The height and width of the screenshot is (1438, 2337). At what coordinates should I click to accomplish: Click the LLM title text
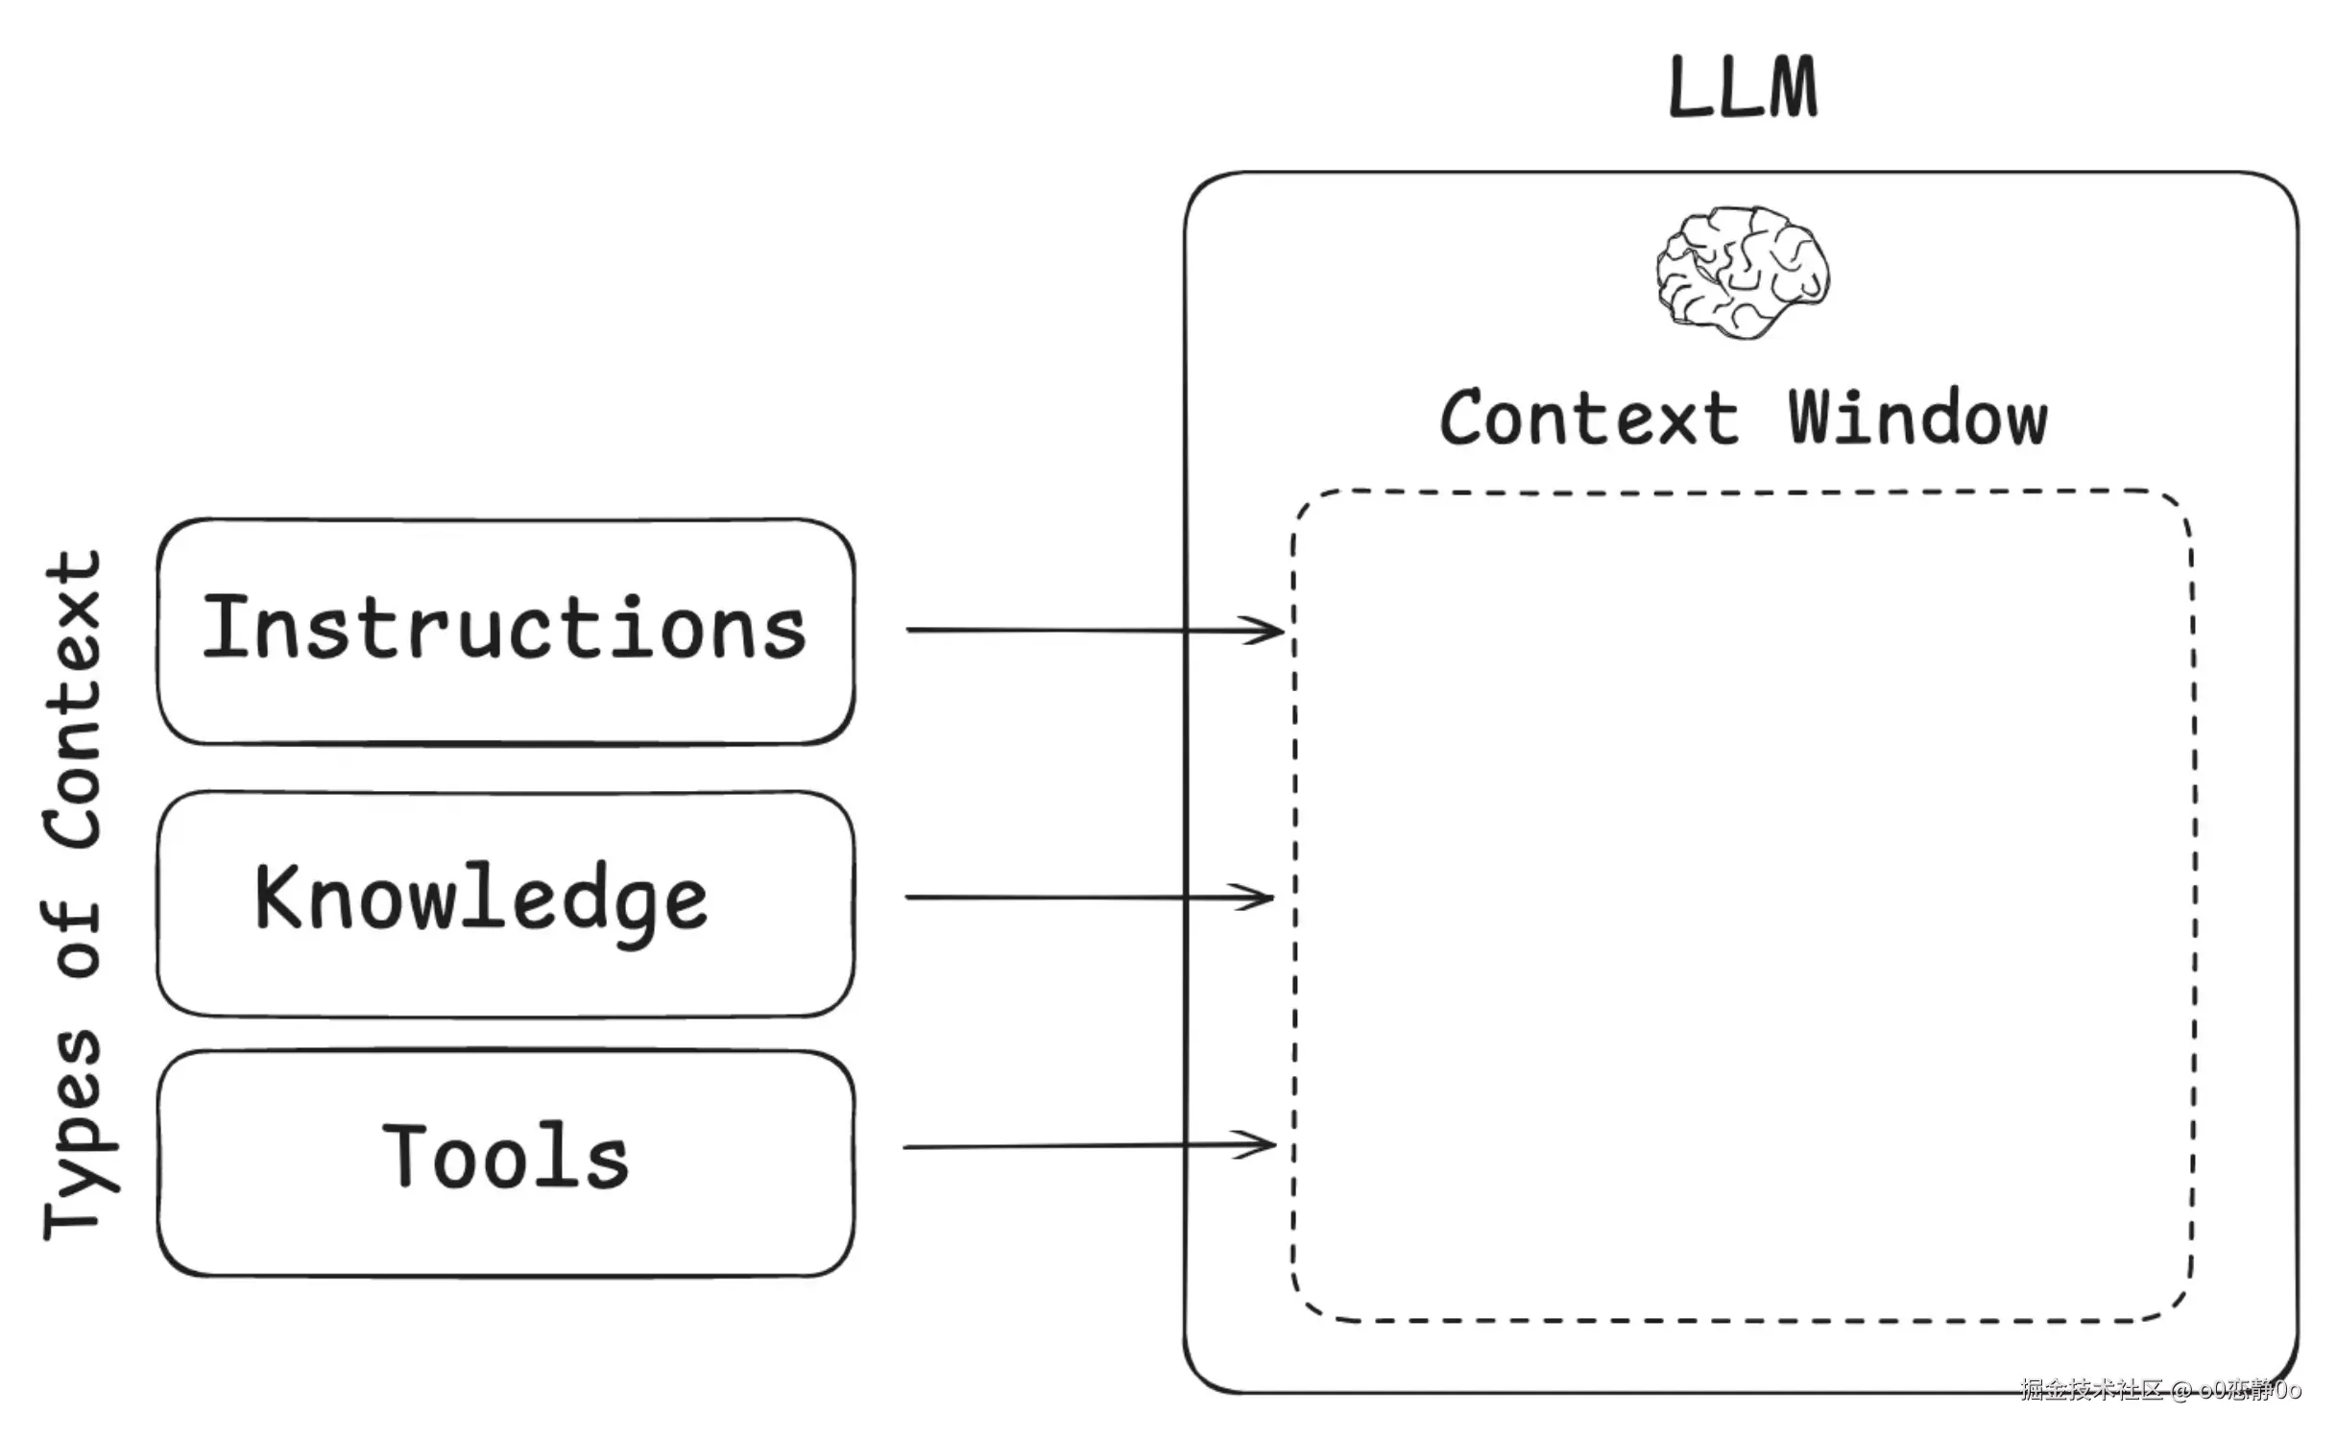click(x=1743, y=88)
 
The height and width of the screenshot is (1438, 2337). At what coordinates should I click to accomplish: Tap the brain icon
click(x=1743, y=272)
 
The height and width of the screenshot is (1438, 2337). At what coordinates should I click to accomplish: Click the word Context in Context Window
click(x=1589, y=419)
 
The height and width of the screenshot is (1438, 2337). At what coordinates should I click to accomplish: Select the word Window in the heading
click(x=1917, y=419)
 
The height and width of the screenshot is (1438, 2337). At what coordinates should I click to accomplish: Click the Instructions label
click(x=504, y=629)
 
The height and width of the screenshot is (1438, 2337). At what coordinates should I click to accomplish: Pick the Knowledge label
click(x=481, y=899)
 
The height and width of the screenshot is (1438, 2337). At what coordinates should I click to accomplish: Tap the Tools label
click(x=506, y=1157)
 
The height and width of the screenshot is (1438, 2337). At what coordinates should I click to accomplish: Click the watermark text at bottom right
click(x=2160, y=1389)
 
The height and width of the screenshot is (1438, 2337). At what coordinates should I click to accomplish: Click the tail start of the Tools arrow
click(x=907, y=1147)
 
